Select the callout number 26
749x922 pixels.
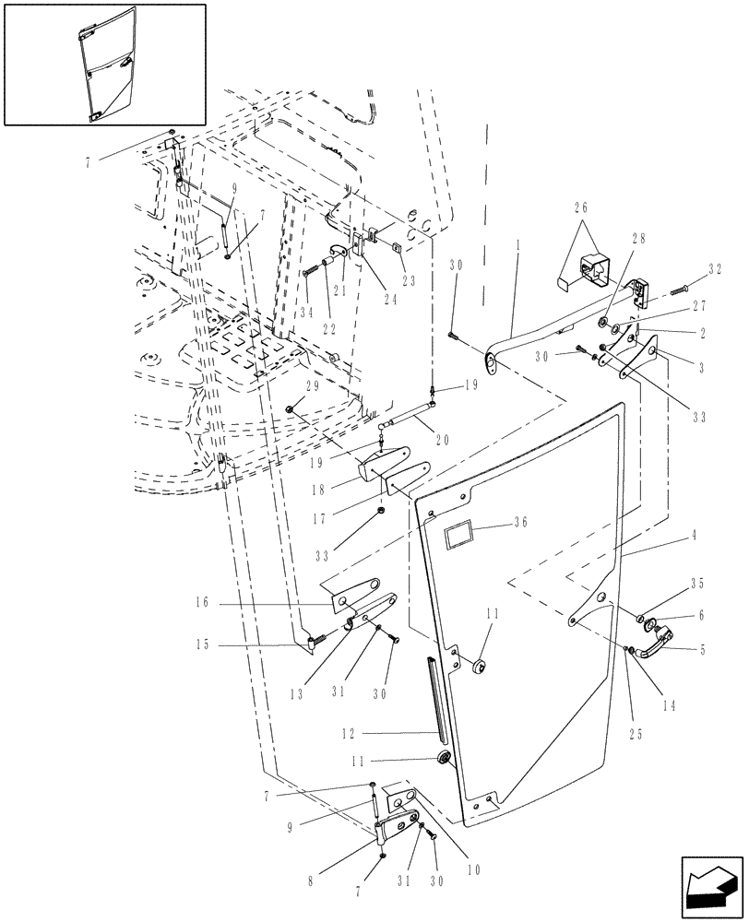click(x=582, y=208)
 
